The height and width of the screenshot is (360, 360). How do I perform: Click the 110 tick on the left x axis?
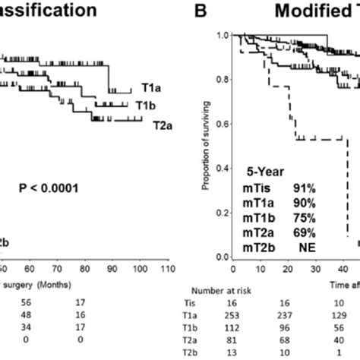(168, 267)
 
